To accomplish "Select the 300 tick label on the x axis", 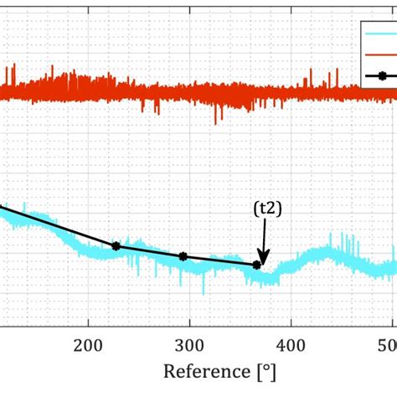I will point(189,345).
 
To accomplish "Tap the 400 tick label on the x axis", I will point(291,345).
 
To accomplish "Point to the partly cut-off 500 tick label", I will point(389,345).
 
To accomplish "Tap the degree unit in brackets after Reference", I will point(266,371).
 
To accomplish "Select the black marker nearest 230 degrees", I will point(116,246).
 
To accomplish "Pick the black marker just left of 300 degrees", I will point(183,257).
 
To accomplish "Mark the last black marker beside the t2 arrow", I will point(256,266).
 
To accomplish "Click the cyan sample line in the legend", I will point(381,35).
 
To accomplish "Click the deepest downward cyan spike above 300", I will point(203,292).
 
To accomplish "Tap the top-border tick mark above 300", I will point(189,3).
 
